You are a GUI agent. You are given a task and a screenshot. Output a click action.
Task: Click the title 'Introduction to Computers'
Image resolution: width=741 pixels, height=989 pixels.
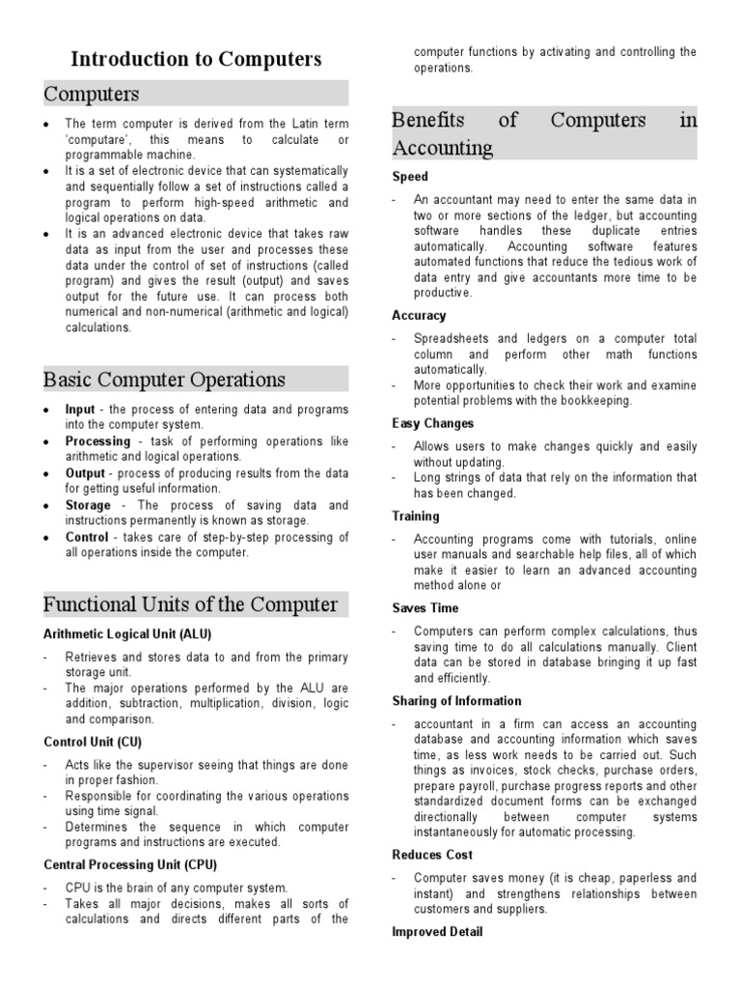(197, 59)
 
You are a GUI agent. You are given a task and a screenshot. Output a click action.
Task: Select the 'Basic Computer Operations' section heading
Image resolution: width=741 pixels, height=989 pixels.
(164, 379)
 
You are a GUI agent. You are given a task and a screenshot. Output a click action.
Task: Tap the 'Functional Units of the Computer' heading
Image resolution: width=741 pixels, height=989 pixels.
(191, 605)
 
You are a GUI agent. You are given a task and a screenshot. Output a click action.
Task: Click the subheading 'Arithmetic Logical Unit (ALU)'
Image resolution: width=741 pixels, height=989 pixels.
(127, 634)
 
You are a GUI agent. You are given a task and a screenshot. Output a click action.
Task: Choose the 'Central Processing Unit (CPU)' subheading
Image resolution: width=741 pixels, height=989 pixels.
(130, 864)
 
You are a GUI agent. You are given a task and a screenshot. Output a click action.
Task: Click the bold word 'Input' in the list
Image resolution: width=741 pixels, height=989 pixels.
(80, 410)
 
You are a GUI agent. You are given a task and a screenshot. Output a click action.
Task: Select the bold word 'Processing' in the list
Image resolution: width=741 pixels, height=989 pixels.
(97, 441)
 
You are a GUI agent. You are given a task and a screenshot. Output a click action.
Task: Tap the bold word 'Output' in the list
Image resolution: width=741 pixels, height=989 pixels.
(85, 473)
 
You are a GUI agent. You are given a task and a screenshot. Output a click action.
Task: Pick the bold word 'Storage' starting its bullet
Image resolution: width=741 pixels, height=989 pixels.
(88, 505)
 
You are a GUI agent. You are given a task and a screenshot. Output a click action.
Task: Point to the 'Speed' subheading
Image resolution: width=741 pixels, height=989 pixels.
(410, 177)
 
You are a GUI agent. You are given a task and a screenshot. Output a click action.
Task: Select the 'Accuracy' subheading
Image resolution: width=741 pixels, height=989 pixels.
(419, 316)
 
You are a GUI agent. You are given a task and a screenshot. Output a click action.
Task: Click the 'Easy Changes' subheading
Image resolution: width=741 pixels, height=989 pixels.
(432, 423)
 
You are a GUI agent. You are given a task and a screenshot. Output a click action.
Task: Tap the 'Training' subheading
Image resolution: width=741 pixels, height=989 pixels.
(416, 516)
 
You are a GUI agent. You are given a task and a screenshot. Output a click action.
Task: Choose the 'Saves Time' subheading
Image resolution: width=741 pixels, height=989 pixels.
(425, 608)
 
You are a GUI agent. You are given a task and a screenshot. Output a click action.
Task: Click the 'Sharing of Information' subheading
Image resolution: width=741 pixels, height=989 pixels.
(456, 700)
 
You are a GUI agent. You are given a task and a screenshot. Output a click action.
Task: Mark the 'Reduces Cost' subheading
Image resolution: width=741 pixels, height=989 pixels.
(432, 855)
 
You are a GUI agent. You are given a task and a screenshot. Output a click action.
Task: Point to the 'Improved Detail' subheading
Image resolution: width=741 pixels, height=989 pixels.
(437, 932)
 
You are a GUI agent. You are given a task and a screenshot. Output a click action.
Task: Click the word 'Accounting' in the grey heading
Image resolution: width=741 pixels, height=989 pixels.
(442, 148)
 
